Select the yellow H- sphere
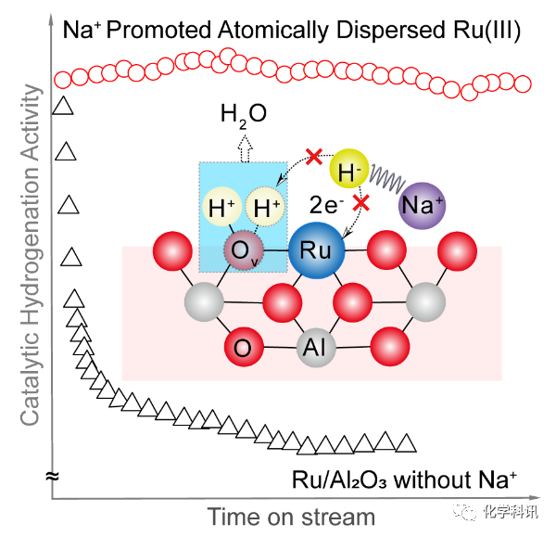coord(349,168)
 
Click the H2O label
coord(244,114)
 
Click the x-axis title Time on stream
coord(291,516)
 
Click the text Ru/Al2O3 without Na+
coord(403,479)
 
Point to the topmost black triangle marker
coord(63,106)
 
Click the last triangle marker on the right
coord(405,444)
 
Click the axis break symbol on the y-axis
coord(53,477)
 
